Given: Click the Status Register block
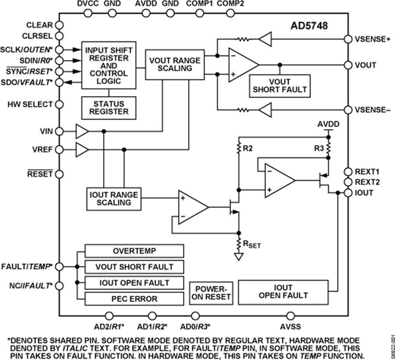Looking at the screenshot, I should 108,108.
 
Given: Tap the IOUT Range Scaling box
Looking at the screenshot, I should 113,198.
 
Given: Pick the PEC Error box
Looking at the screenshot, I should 134,299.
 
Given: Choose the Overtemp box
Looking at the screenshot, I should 134,251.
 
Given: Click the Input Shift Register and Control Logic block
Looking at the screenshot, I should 108,66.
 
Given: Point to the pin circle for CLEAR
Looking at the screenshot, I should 59,25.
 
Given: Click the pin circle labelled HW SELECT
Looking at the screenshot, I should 59,104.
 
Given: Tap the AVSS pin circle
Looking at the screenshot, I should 290,315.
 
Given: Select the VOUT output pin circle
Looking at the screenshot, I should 348,65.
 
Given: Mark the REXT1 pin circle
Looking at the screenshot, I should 348,171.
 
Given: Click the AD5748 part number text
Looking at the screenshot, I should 309,25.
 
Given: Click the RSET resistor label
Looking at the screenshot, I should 252,244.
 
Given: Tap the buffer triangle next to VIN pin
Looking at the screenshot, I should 82,131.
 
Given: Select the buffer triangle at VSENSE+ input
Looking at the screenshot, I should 265,39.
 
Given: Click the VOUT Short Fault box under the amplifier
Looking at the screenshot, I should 279,86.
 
